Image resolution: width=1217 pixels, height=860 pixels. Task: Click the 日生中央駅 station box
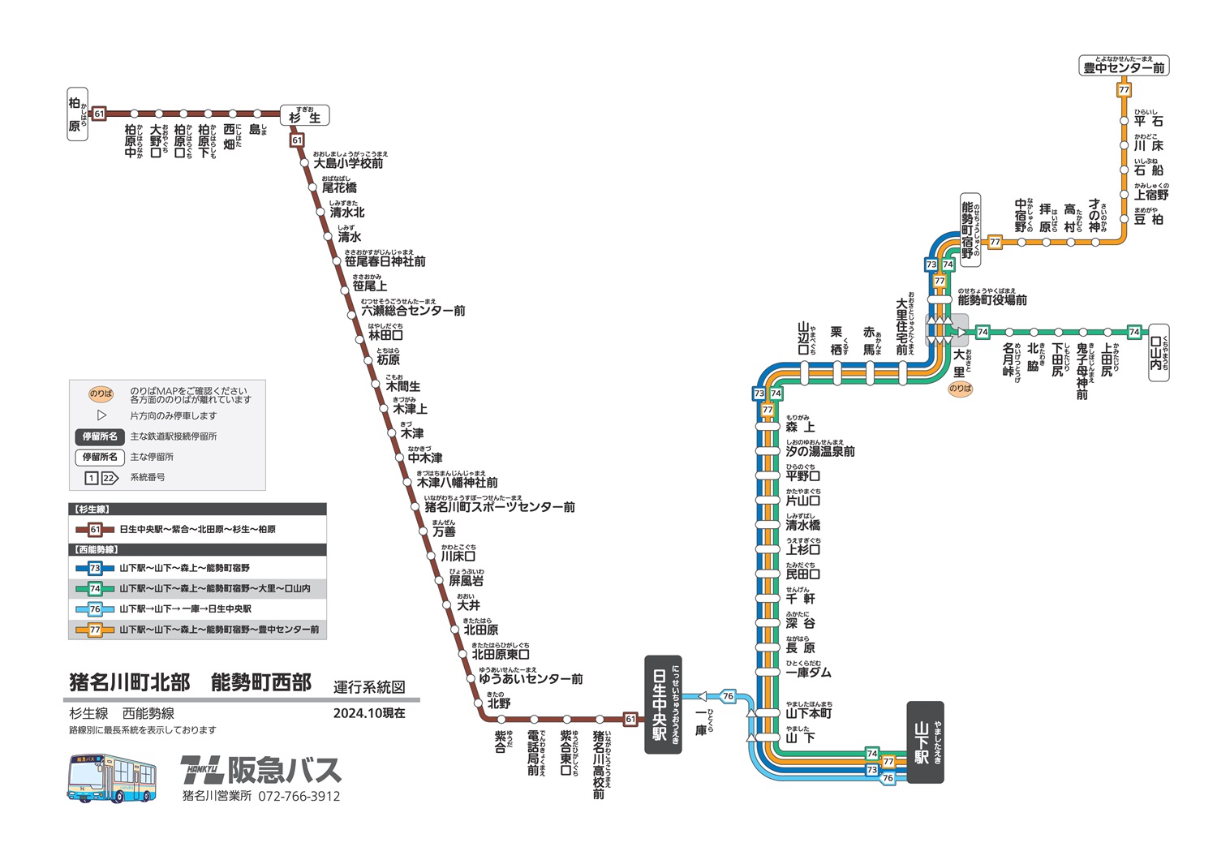[663, 704]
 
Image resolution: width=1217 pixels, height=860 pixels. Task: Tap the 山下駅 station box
[925, 742]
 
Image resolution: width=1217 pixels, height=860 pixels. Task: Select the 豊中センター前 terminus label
[1124, 67]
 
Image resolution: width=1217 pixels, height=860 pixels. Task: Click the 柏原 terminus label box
[77, 114]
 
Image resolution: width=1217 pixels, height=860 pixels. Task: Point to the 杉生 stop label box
[305, 116]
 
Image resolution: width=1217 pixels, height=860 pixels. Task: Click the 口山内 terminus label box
[1159, 353]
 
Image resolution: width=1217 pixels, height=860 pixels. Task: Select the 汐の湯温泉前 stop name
[819, 451]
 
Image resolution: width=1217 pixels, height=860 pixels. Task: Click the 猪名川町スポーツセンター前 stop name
[499, 507]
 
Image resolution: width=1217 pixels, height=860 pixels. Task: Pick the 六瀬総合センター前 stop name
[413, 311]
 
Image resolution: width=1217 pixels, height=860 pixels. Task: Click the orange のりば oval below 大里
[961, 389]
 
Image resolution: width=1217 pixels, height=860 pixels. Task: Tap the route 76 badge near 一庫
[728, 696]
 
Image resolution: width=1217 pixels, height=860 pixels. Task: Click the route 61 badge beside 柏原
[99, 114]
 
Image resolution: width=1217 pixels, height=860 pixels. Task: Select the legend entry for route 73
[184, 569]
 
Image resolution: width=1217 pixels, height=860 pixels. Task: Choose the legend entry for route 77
[219, 630]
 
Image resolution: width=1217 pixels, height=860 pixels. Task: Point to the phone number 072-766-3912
[299, 797]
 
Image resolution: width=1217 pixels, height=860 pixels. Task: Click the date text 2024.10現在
[369, 713]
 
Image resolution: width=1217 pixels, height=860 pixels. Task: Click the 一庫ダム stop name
[808, 673]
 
